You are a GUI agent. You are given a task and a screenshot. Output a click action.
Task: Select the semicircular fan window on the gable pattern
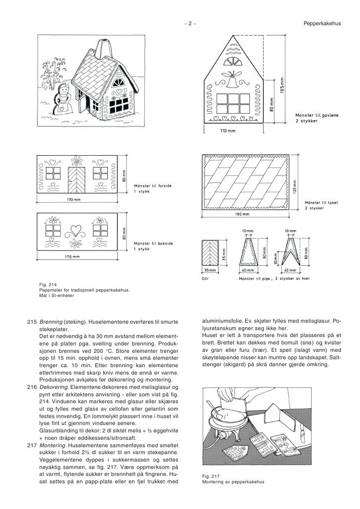231,62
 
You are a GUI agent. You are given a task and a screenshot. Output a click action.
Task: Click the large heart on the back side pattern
76,229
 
